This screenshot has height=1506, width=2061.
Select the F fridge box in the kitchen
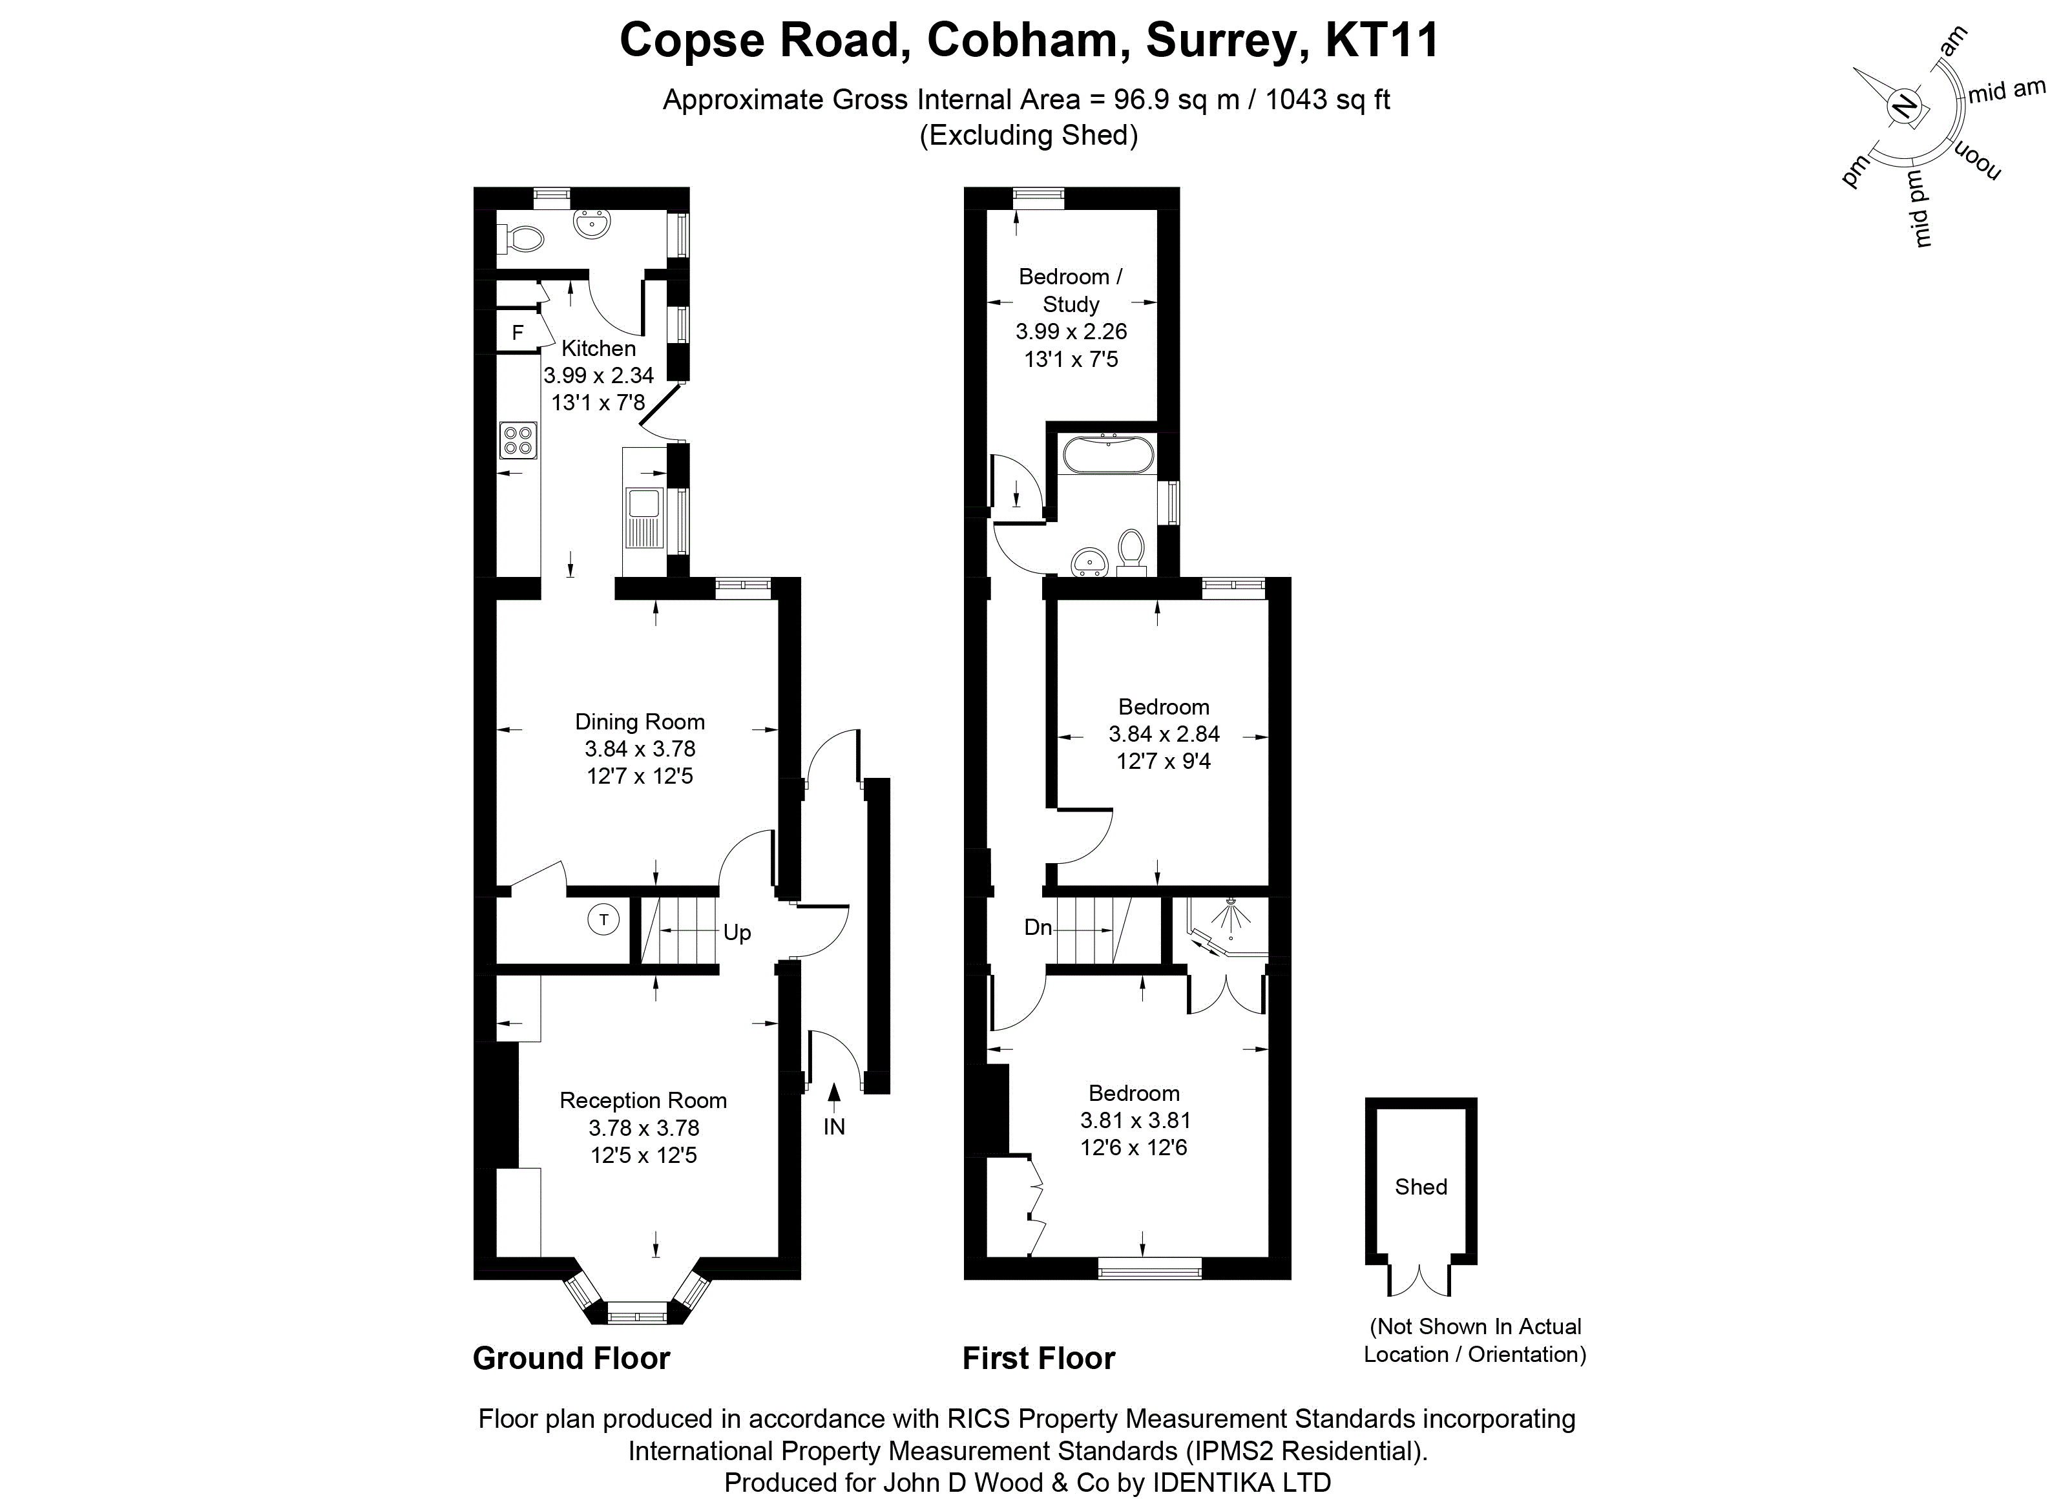(518, 333)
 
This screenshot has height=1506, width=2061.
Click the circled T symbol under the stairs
(603, 920)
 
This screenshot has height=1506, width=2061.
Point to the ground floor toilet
(521, 240)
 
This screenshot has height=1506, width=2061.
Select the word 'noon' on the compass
(1974, 162)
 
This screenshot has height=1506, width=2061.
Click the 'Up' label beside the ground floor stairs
(737, 932)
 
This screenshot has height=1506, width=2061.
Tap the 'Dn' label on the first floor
(1038, 928)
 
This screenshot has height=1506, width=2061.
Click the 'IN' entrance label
(834, 1127)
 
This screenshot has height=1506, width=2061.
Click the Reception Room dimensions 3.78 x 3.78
(643, 1127)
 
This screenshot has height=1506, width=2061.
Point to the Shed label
(1420, 1187)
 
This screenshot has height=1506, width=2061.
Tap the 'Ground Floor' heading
(572, 1358)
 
